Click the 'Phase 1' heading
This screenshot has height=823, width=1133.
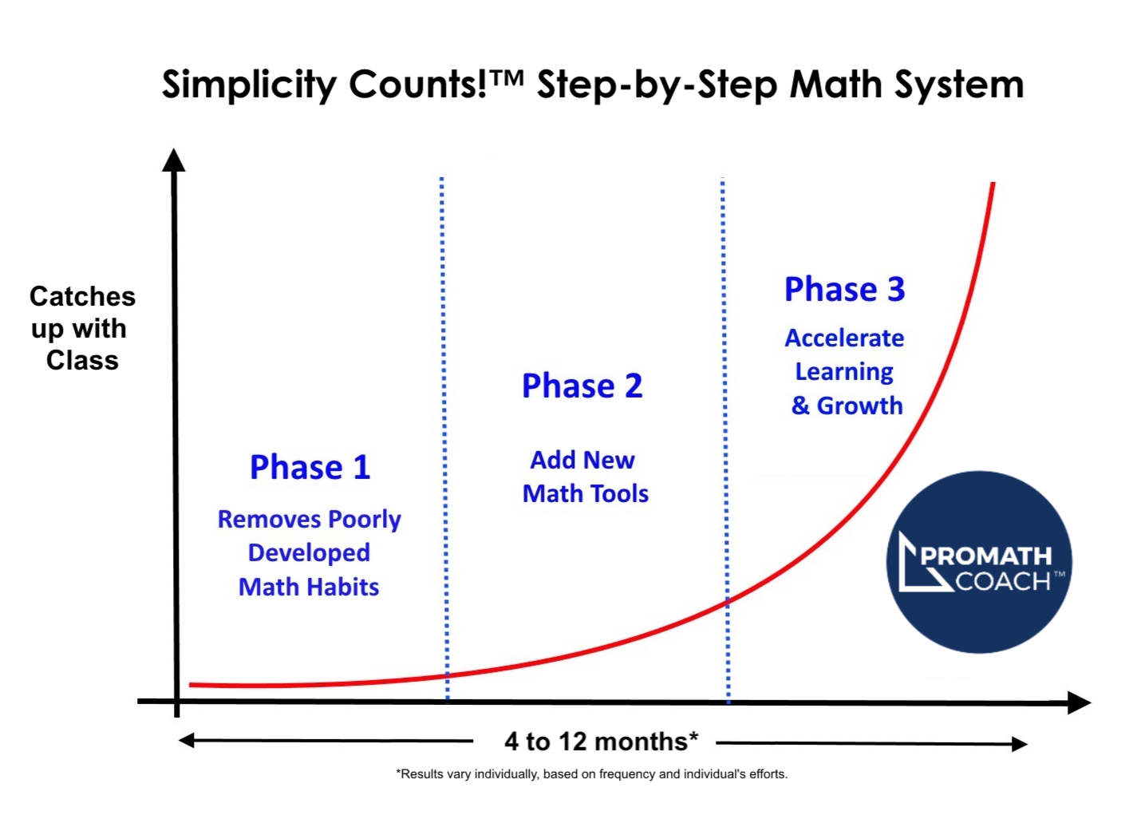click(x=310, y=467)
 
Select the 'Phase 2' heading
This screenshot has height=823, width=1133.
click(x=582, y=386)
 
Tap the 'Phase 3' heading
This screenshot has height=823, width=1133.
click(x=845, y=289)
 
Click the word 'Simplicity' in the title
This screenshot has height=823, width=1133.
click(x=249, y=85)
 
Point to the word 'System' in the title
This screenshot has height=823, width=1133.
click(x=959, y=85)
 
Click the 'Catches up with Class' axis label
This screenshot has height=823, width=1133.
click(x=82, y=328)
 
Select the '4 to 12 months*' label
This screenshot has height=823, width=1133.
click(x=602, y=742)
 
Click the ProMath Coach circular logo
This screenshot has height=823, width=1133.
click(x=979, y=562)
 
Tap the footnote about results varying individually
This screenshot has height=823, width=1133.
click(x=592, y=774)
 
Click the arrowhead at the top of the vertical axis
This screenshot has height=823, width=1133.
click(x=173, y=160)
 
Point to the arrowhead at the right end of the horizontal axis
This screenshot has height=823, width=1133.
click(x=1079, y=702)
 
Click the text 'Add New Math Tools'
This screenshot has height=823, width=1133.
click(x=585, y=477)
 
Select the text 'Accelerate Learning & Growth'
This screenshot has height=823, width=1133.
click(x=845, y=371)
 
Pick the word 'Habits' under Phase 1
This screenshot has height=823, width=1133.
click(x=343, y=588)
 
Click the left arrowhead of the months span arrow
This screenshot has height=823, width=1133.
click(x=186, y=741)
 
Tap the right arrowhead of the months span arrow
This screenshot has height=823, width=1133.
click(x=1020, y=744)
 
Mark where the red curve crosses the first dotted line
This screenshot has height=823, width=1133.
click(x=447, y=675)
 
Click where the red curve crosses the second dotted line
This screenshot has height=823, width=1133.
click(x=728, y=601)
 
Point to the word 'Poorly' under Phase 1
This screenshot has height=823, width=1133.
click(x=365, y=520)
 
